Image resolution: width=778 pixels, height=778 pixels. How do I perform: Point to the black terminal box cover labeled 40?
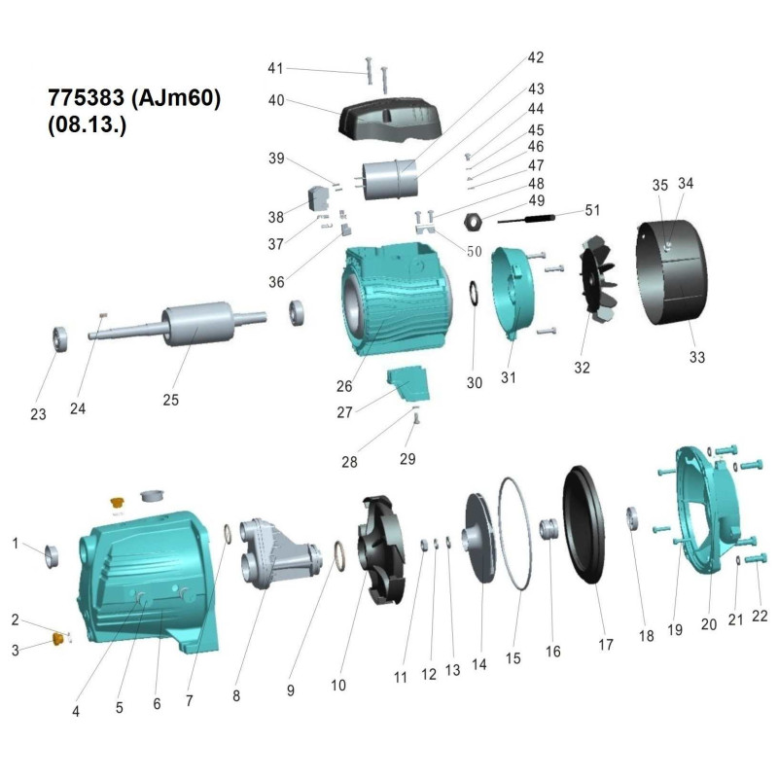coord(390,117)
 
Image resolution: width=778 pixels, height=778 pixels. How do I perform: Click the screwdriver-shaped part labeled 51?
coord(530,220)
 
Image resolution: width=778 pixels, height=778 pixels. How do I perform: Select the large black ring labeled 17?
coord(594,526)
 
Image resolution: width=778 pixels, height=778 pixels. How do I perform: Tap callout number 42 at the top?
coord(535,57)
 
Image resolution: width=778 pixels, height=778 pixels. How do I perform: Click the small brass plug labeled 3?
coord(56,638)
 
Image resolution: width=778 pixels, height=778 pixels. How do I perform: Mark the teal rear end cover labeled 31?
coord(514,291)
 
